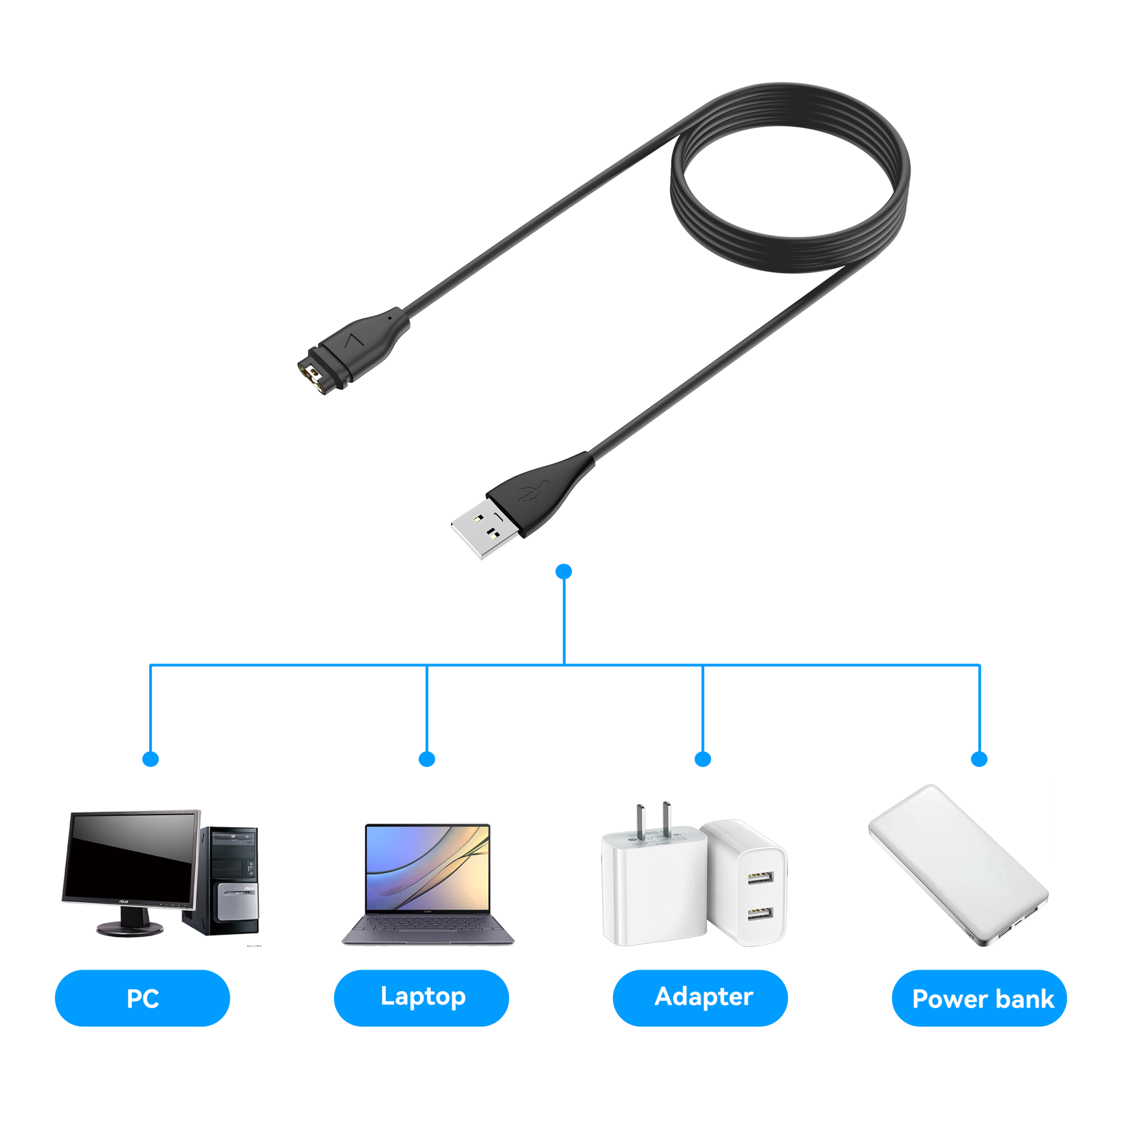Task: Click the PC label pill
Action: (142, 998)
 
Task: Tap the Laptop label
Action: (422, 997)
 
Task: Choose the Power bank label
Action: (980, 999)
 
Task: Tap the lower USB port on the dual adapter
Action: (760, 914)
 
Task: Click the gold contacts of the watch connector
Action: (314, 378)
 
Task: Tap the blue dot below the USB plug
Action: (564, 571)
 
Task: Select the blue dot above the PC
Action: (151, 759)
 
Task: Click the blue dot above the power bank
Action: (980, 759)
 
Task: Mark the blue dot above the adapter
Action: (703, 759)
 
